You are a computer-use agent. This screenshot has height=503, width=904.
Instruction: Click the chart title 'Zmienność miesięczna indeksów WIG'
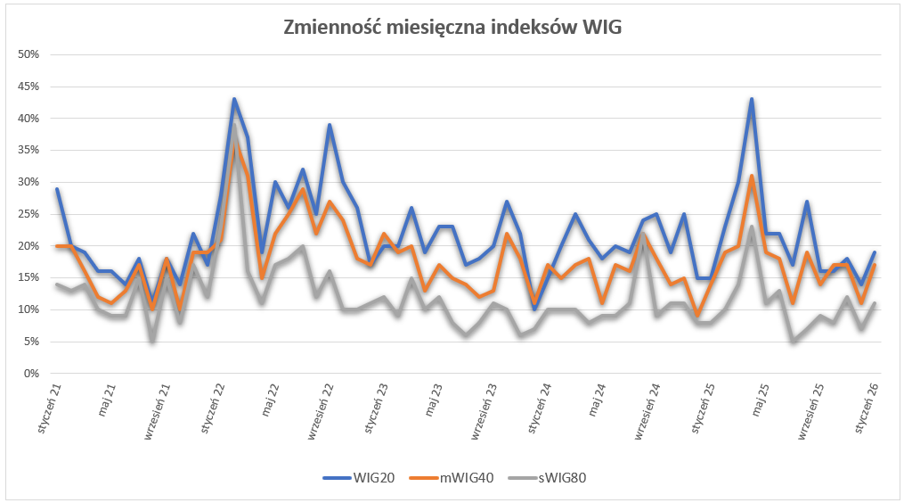click(452, 28)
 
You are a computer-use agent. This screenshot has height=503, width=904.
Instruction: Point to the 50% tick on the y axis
click(29, 54)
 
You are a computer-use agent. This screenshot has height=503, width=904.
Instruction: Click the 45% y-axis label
click(29, 87)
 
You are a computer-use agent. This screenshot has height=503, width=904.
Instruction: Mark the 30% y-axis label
click(29, 182)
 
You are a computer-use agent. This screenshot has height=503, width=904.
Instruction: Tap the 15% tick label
click(29, 277)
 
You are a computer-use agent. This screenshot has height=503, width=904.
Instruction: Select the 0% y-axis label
click(32, 373)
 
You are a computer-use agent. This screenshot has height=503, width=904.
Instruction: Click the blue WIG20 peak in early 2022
click(234, 99)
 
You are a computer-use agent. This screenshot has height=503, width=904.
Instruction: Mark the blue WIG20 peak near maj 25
click(752, 99)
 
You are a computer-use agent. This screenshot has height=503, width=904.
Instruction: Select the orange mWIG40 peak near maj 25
click(752, 176)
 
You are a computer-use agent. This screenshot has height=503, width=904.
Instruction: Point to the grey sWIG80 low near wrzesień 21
click(152, 341)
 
